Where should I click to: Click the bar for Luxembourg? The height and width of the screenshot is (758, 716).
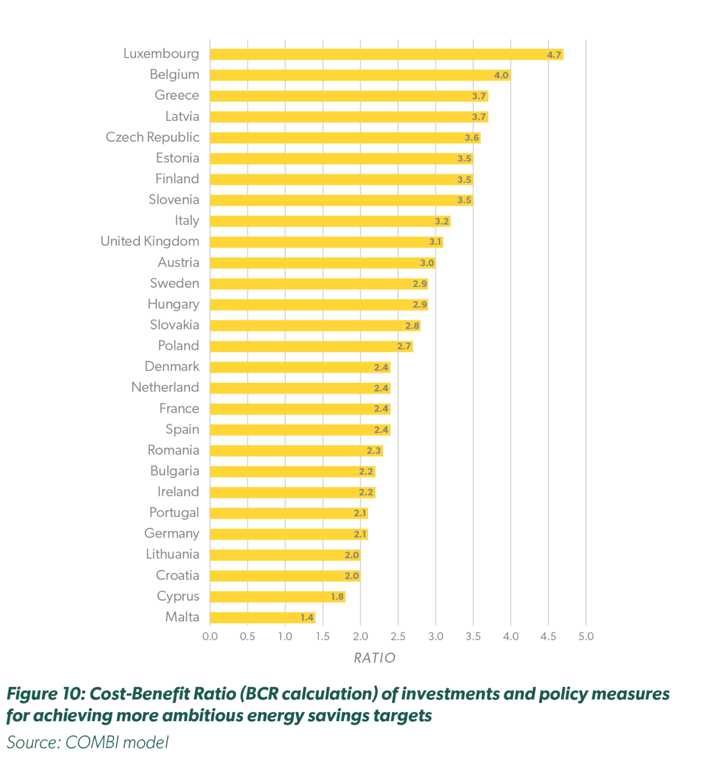tap(386, 54)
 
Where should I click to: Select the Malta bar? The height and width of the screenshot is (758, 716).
tap(262, 617)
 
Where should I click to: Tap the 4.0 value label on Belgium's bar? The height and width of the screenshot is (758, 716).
tap(501, 76)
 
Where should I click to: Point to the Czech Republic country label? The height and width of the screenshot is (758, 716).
tap(152, 137)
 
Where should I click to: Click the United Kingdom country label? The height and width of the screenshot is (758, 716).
tap(150, 241)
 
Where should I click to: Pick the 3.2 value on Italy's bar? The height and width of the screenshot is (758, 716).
tap(442, 221)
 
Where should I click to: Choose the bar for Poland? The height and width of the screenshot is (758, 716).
tap(311, 347)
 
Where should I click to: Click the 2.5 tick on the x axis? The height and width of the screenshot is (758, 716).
tap(398, 637)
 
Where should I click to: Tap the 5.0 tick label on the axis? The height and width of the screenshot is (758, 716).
tap(586, 637)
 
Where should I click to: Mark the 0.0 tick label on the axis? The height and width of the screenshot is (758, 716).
tap(210, 637)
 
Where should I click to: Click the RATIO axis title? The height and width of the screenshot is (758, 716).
tap(374, 658)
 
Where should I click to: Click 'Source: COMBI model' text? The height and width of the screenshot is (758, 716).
tap(87, 742)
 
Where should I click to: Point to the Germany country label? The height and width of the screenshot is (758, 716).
tap(171, 534)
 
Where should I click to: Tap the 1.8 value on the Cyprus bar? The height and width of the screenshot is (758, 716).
tap(337, 597)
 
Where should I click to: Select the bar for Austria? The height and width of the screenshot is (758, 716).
tap(322, 263)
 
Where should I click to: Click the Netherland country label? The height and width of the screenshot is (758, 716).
tap(165, 387)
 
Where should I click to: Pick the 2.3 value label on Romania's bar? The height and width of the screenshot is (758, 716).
tap(374, 451)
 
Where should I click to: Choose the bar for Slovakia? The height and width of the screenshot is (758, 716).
tap(315, 326)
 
